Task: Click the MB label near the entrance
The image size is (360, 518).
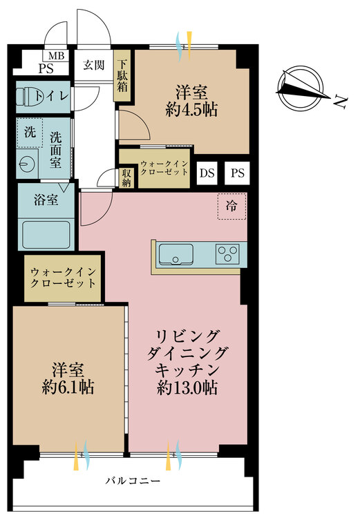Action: [55, 56]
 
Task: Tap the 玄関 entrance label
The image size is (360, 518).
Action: [93, 66]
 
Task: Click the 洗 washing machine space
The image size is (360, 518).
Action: [29, 131]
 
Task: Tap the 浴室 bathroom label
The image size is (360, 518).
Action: [45, 201]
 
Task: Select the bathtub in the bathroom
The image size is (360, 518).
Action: [46, 234]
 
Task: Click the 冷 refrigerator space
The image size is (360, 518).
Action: [231, 205]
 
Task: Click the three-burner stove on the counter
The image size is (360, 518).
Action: [227, 254]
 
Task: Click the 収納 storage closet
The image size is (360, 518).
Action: [127, 177]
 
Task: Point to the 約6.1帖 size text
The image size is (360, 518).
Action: [66, 386]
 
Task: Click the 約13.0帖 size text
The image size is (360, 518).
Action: [187, 388]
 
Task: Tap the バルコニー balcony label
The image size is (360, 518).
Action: [133, 481]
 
